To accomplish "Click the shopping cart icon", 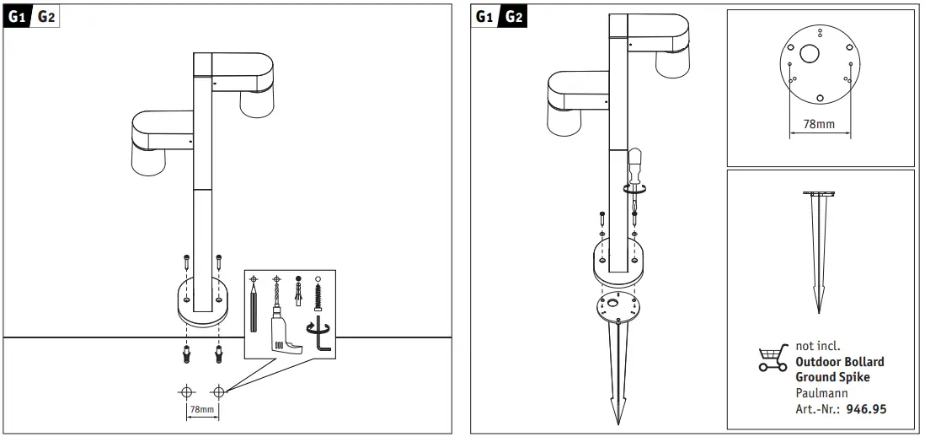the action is click(773, 358).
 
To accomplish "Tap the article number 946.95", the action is click(866, 408).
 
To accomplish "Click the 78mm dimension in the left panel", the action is click(201, 409).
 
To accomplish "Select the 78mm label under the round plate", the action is click(820, 125).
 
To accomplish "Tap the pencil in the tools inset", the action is click(254, 307).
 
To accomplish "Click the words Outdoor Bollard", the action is click(839, 361).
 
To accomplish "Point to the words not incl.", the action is click(818, 346).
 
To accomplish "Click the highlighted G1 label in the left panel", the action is click(17, 17).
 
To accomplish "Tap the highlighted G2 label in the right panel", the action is click(514, 17).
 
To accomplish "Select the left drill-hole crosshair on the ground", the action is click(186, 391).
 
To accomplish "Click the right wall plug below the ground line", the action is click(219, 355).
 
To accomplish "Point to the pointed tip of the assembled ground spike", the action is click(618, 423).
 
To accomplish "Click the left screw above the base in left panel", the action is click(186, 262).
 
